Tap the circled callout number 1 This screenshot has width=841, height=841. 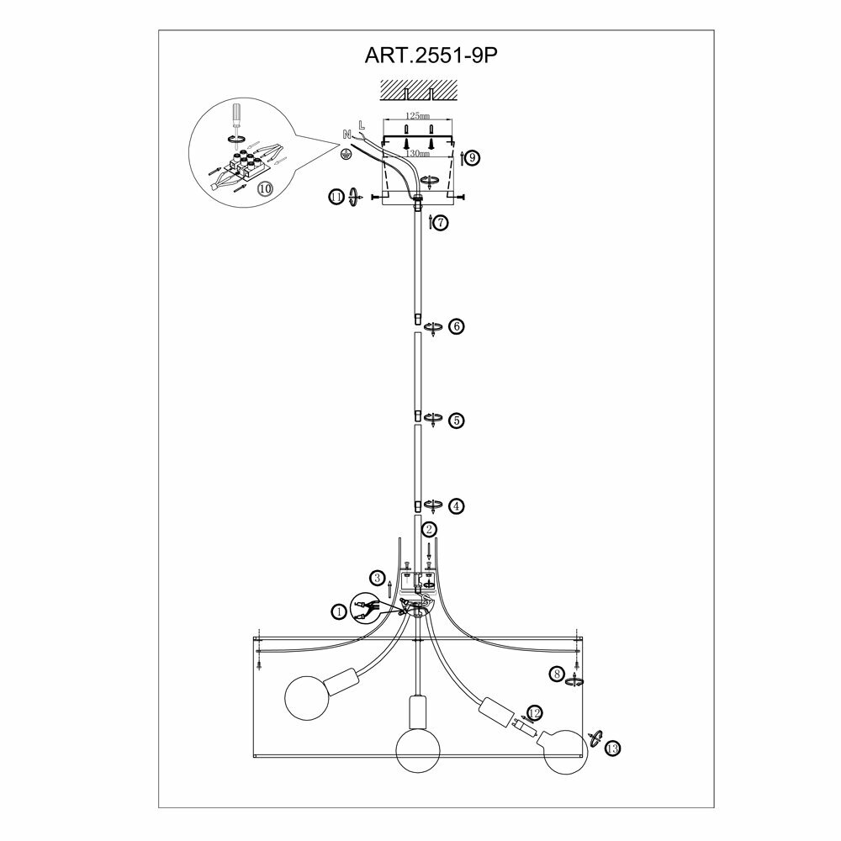click(338, 612)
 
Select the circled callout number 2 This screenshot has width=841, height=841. click(429, 529)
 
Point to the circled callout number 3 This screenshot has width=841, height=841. click(378, 578)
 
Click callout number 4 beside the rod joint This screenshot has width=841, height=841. click(456, 505)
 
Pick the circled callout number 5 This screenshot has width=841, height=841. click(456, 420)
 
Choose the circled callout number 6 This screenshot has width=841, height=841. click(456, 326)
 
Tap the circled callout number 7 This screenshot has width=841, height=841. click(442, 223)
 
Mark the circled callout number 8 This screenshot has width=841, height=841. click(556, 673)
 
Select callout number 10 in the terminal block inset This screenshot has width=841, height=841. click(266, 188)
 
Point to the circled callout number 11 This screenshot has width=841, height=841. click(336, 197)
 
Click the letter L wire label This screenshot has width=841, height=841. click(361, 125)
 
